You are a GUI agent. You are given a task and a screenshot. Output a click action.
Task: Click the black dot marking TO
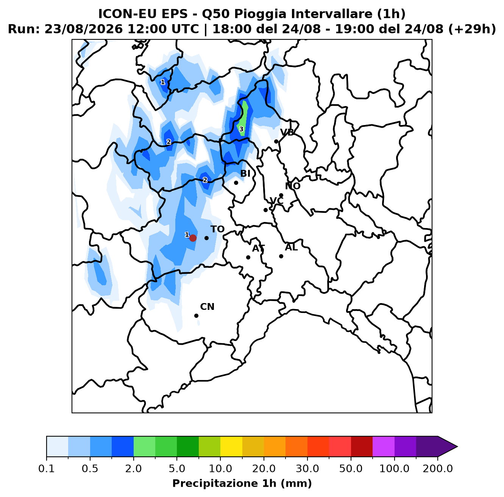(206, 238)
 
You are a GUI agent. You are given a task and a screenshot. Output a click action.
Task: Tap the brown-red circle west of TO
(193, 238)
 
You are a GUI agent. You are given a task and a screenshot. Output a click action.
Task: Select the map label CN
(207, 307)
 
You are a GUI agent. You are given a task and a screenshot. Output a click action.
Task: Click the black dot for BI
(236, 183)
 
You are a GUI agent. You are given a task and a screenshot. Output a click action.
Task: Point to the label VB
(287, 133)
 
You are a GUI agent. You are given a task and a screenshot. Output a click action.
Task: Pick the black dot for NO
(281, 195)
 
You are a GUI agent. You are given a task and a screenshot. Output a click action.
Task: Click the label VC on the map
(276, 201)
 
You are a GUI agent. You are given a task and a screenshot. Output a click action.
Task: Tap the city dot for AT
(248, 257)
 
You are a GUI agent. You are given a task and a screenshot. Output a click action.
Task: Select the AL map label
(291, 247)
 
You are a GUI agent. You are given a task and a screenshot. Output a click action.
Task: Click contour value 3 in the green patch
(241, 129)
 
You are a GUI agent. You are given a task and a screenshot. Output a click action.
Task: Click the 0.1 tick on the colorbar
(47, 469)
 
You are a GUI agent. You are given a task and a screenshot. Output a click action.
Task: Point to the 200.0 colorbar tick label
(438, 469)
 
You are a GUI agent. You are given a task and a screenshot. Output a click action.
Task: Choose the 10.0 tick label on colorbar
(220, 469)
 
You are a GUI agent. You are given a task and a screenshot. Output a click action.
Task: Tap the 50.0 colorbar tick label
(351, 469)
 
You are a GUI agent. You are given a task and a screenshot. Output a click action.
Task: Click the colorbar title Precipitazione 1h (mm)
(242, 483)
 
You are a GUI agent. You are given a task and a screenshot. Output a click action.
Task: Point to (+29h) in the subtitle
(472, 29)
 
